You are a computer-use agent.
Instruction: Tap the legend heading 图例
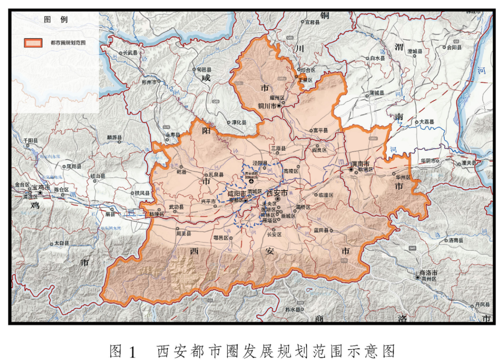(x=56, y=20)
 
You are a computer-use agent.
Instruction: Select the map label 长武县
(x=130, y=53)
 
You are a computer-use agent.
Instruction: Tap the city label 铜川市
(x=268, y=106)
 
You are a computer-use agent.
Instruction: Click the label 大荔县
(x=426, y=121)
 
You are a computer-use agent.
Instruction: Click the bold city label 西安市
(x=276, y=192)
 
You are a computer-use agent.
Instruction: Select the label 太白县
(x=62, y=243)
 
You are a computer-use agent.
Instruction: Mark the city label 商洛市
(x=428, y=272)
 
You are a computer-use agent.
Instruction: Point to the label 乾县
(x=181, y=172)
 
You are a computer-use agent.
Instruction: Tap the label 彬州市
(x=150, y=81)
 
